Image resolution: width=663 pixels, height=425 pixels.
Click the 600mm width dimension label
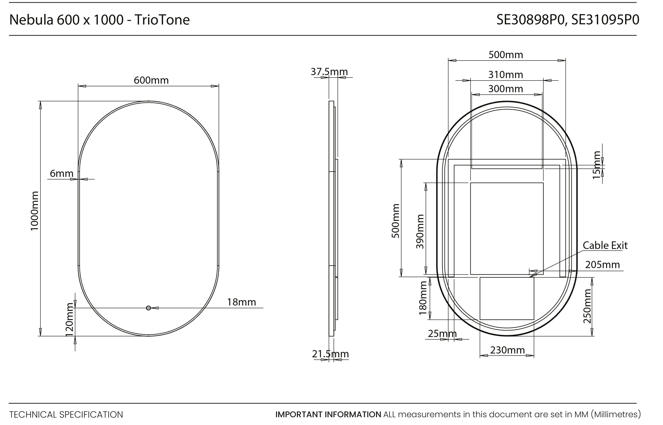[151, 80]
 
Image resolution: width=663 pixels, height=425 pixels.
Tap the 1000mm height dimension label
[35, 211]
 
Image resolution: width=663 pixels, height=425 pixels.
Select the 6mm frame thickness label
[61, 174]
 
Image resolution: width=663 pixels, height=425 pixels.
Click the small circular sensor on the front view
[149, 308]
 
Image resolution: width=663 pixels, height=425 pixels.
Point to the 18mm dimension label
[241, 302]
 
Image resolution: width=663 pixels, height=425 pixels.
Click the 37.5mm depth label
[329, 72]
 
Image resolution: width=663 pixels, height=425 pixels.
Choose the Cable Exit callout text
[605, 245]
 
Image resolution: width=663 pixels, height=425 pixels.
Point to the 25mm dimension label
[442, 334]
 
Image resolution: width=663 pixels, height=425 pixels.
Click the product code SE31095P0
[605, 20]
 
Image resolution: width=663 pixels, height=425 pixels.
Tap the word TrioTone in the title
[162, 20]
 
